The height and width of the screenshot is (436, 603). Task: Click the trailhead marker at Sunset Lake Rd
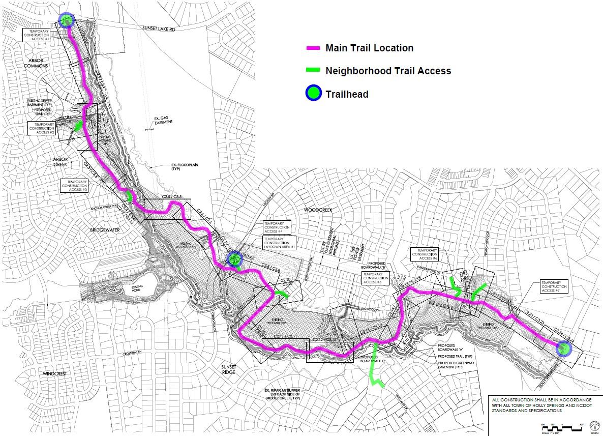67,20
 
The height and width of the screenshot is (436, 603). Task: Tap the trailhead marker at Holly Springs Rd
563,349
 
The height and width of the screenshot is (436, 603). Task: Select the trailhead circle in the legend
314,94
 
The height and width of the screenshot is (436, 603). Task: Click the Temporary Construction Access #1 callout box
40,35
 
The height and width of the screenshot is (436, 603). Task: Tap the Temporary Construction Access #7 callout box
554,286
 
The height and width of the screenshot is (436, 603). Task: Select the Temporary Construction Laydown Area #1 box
277,243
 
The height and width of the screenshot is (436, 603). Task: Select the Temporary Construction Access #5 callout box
375,278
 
